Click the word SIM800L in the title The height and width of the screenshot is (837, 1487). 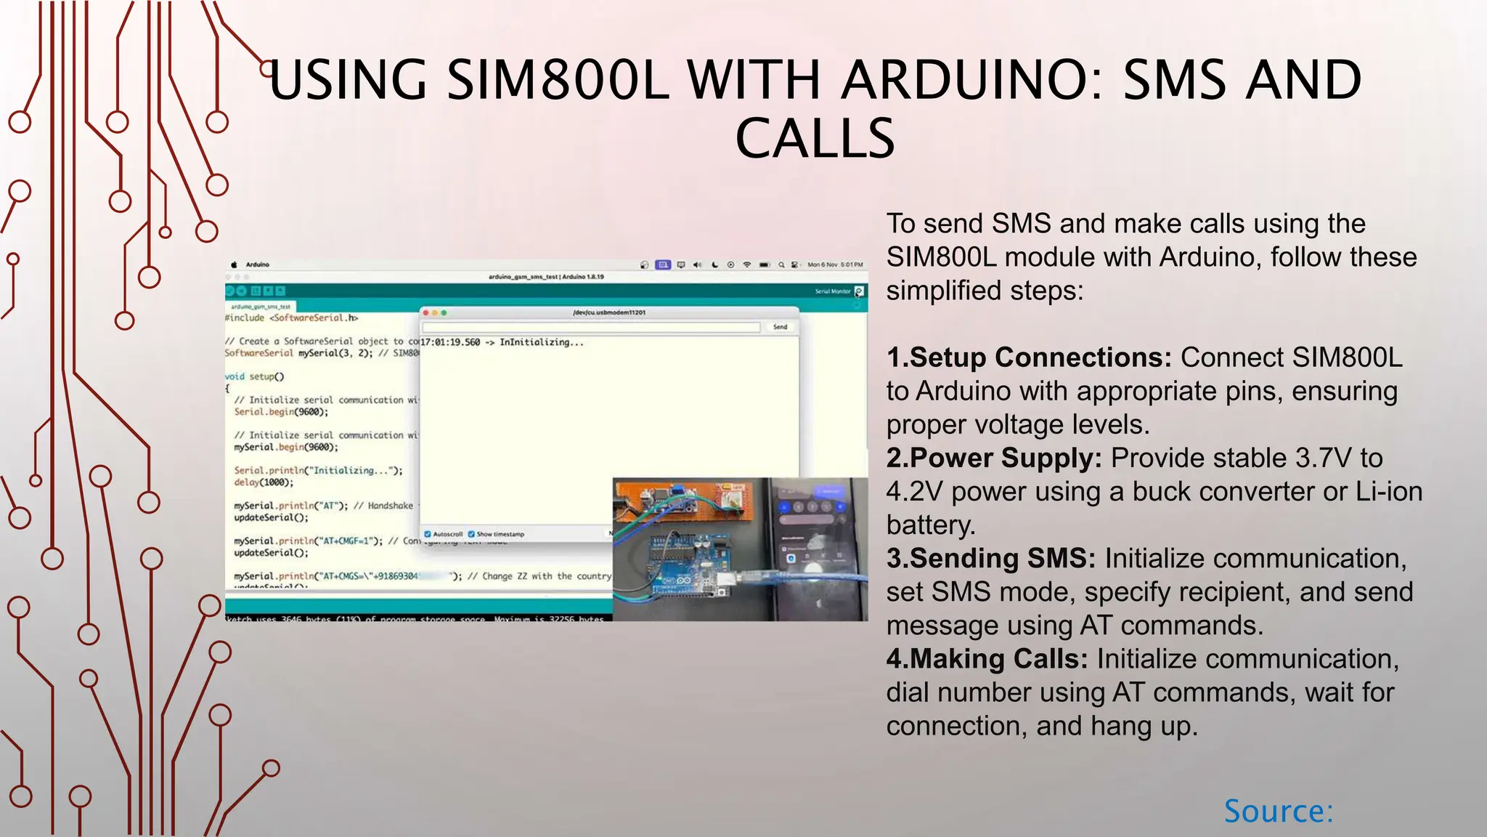click(557, 80)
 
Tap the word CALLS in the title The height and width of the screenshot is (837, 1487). click(815, 139)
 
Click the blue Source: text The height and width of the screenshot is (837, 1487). click(1278, 811)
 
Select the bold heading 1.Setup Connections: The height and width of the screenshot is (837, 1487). click(1029, 357)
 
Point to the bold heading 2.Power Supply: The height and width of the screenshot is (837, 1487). click(994, 458)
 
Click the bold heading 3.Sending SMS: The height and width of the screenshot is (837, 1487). click(991, 559)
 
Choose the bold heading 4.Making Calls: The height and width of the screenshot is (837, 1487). click(987, 659)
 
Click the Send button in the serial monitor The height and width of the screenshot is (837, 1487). click(780, 327)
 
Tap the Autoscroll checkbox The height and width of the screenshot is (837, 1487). click(428, 534)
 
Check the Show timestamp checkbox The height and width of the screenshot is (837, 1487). click(471, 534)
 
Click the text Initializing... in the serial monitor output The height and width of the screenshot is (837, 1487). click(541, 342)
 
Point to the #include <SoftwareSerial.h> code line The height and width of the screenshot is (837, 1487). click(291, 318)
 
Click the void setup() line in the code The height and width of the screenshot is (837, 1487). click(254, 376)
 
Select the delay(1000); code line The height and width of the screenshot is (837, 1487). click(264, 482)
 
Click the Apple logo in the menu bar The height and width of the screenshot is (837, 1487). click(234, 264)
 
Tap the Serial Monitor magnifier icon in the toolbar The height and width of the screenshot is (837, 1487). click(859, 291)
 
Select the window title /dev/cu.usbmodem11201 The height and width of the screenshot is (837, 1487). click(608, 312)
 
